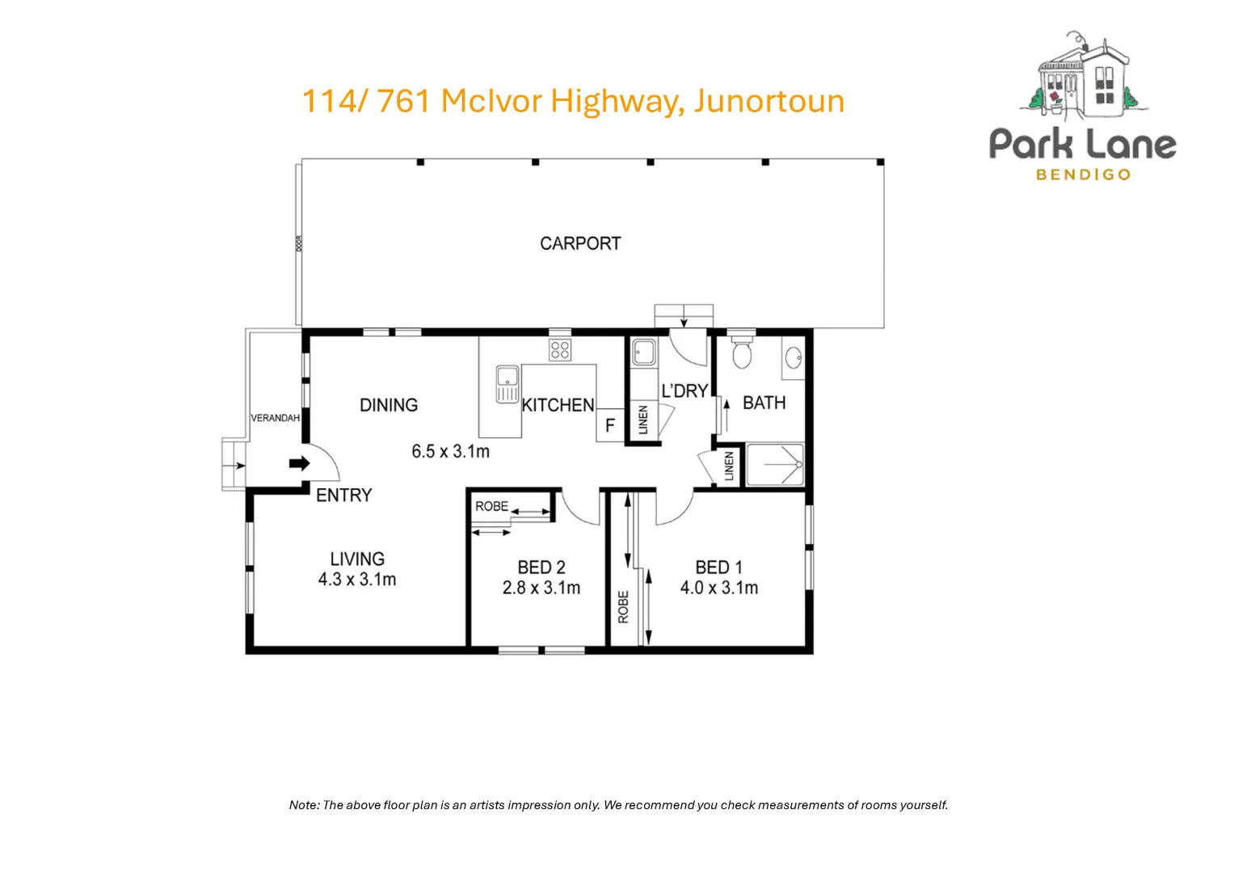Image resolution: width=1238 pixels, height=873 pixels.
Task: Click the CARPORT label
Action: pyautogui.click(x=580, y=243)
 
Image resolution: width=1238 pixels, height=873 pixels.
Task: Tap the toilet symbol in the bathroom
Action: pyautogui.click(x=741, y=353)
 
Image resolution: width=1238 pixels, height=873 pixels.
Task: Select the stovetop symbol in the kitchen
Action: pyautogui.click(x=560, y=350)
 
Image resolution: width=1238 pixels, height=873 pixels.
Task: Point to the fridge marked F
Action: pyautogui.click(x=610, y=425)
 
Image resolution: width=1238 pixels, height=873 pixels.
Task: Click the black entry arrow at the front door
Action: pyautogui.click(x=299, y=464)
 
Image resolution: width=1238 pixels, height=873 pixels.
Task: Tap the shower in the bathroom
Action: pyautogui.click(x=774, y=465)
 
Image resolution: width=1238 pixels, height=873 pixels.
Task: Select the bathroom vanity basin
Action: pyautogui.click(x=794, y=356)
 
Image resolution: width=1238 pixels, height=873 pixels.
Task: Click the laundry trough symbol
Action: pyautogui.click(x=644, y=352)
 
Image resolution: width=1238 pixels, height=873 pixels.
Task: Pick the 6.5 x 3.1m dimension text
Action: pyautogui.click(x=450, y=451)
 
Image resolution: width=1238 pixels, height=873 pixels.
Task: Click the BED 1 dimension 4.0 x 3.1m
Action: pyautogui.click(x=718, y=588)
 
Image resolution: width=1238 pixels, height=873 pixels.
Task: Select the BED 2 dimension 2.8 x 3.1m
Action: pyautogui.click(x=541, y=588)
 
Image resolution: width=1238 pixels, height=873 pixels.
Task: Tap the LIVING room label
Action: pyautogui.click(x=356, y=559)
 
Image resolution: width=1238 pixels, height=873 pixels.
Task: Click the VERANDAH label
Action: pyautogui.click(x=275, y=418)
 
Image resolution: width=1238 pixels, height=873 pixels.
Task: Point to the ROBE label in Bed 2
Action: pyautogui.click(x=491, y=506)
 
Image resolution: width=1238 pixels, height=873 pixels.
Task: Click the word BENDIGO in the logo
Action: pyautogui.click(x=1083, y=175)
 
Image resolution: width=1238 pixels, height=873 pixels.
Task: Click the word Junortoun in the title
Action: pyautogui.click(x=768, y=101)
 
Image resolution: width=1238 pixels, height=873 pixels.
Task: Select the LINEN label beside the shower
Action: pyautogui.click(x=729, y=466)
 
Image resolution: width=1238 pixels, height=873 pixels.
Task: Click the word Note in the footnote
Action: pyautogui.click(x=304, y=805)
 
